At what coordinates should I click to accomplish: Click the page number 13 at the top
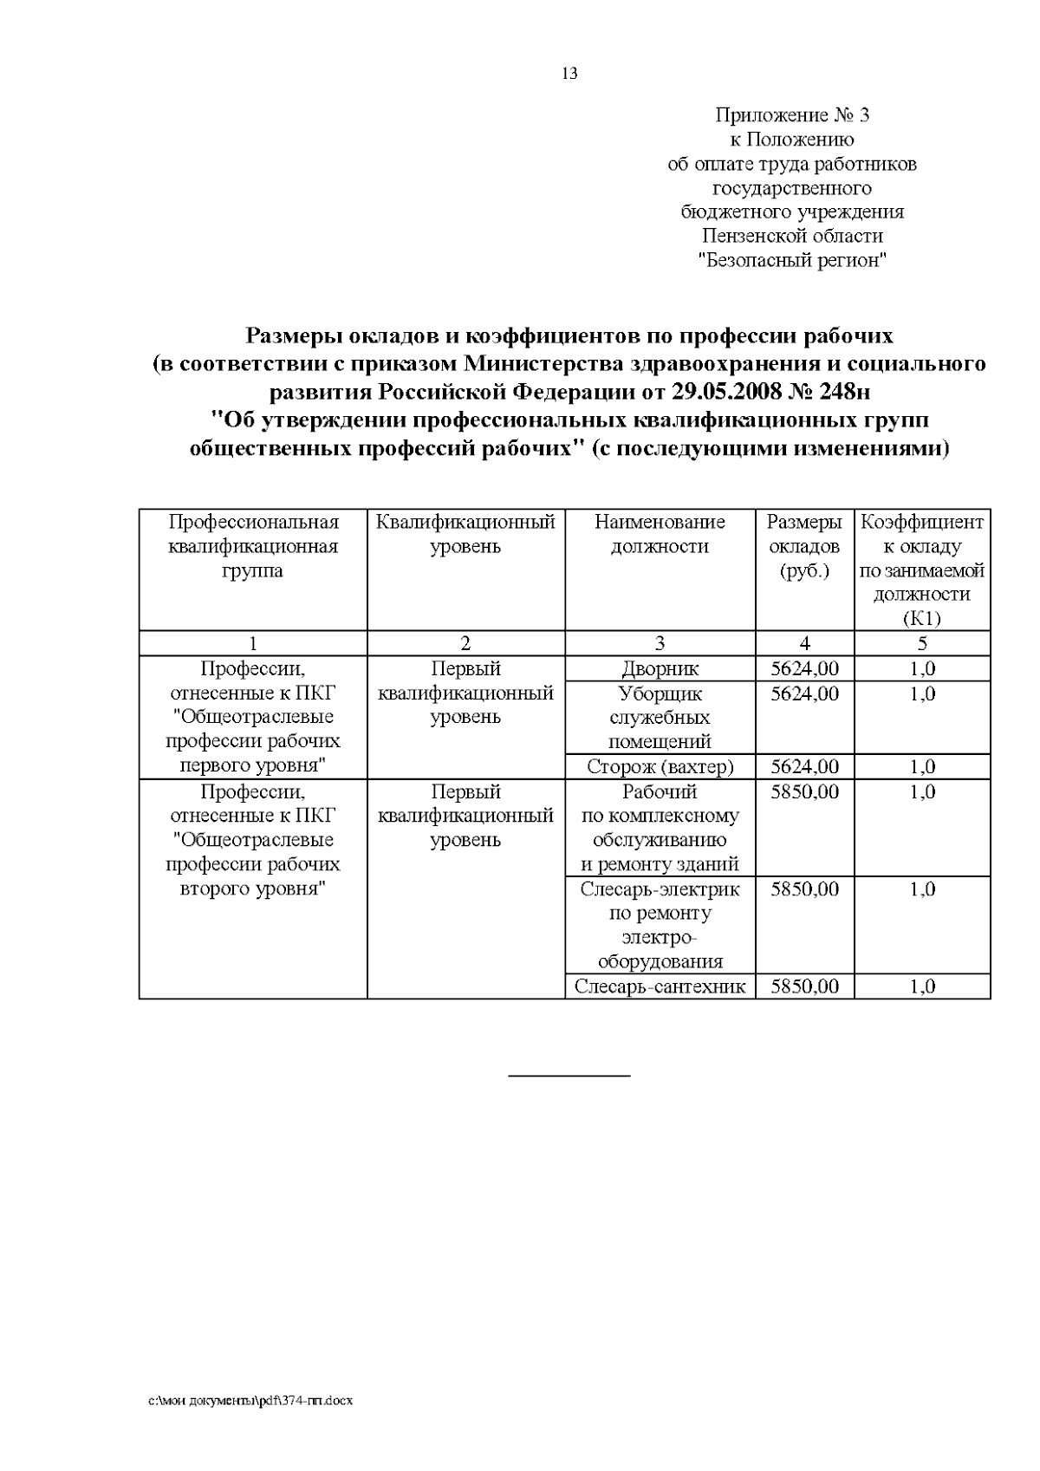tap(569, 74)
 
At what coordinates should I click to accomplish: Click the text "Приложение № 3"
tap(792, 115)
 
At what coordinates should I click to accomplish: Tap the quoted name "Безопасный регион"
tap(793, 260)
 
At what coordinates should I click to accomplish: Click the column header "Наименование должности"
tap(660, 534)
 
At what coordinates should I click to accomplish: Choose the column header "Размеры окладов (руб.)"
tap(804, 546)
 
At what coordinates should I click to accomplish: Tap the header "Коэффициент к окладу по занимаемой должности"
tap(921, 570)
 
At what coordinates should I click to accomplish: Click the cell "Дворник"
tap(660, 669)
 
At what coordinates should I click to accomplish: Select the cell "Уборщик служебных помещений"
tap(660, 718)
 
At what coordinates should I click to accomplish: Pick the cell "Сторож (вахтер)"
tap(660, 767)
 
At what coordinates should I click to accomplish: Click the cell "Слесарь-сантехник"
tap(660, 986)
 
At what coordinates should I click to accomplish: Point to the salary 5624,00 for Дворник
tap(804, 669)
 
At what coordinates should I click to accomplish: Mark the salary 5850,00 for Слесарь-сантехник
tap(804, 986)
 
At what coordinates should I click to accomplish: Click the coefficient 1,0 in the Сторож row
tap(922, 767)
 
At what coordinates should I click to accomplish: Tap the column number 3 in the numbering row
tap(660, 643)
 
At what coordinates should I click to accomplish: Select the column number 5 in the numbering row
tap(922, 643)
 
